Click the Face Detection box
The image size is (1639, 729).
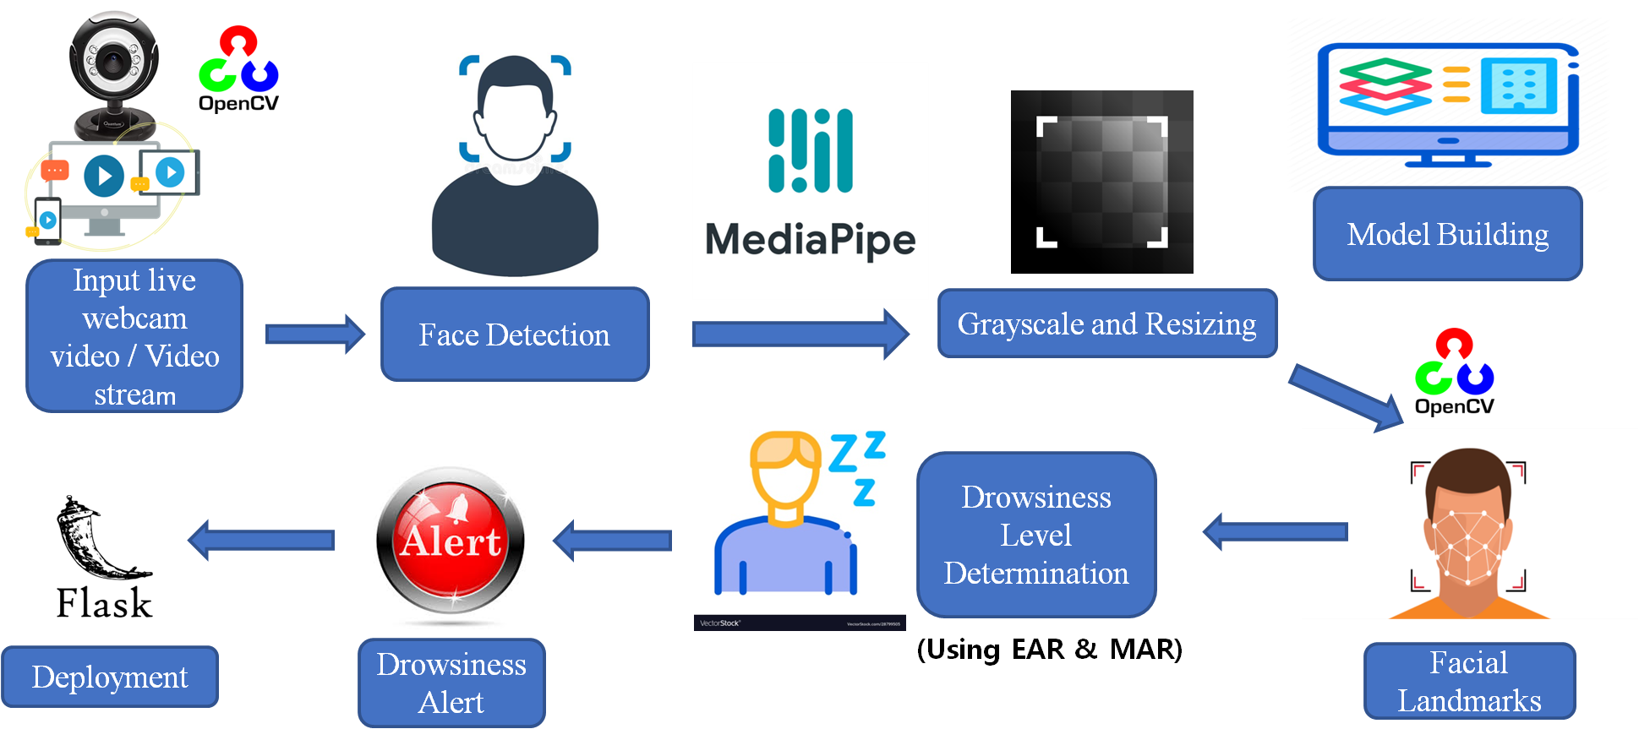pyautogui.click(x=514, y=335)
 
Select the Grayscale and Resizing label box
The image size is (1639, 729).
pyautogui.click(x=1106, y=324)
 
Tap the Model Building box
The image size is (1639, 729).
pyautogui.click(x=1447, y=234)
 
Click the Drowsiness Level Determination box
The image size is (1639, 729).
pyautogui.click(x=1035, y=535)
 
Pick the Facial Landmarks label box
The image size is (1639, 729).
pyautogui.click(x=1469, y=682)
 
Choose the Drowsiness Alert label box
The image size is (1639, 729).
pyautogui.click(x=451, y=683)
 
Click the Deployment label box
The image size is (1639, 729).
pyautogui.click(x=110, y=677)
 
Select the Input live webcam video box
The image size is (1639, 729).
pyautogui.click(x=134, y=336)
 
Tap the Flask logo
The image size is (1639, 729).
pyautogui.click(x=104, y=557)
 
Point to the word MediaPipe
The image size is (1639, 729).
pyautogui.click(x=810, y=240)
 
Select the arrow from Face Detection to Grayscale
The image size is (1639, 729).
pyautogui.click(x=799, y=335)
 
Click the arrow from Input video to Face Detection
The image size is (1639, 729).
pyautogui.click(x=314, y=335)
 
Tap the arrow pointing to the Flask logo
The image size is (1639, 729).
pyautogui.click(x=262, y=540)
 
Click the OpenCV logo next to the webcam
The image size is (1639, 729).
pyautogui.click(x=238, y=63)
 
